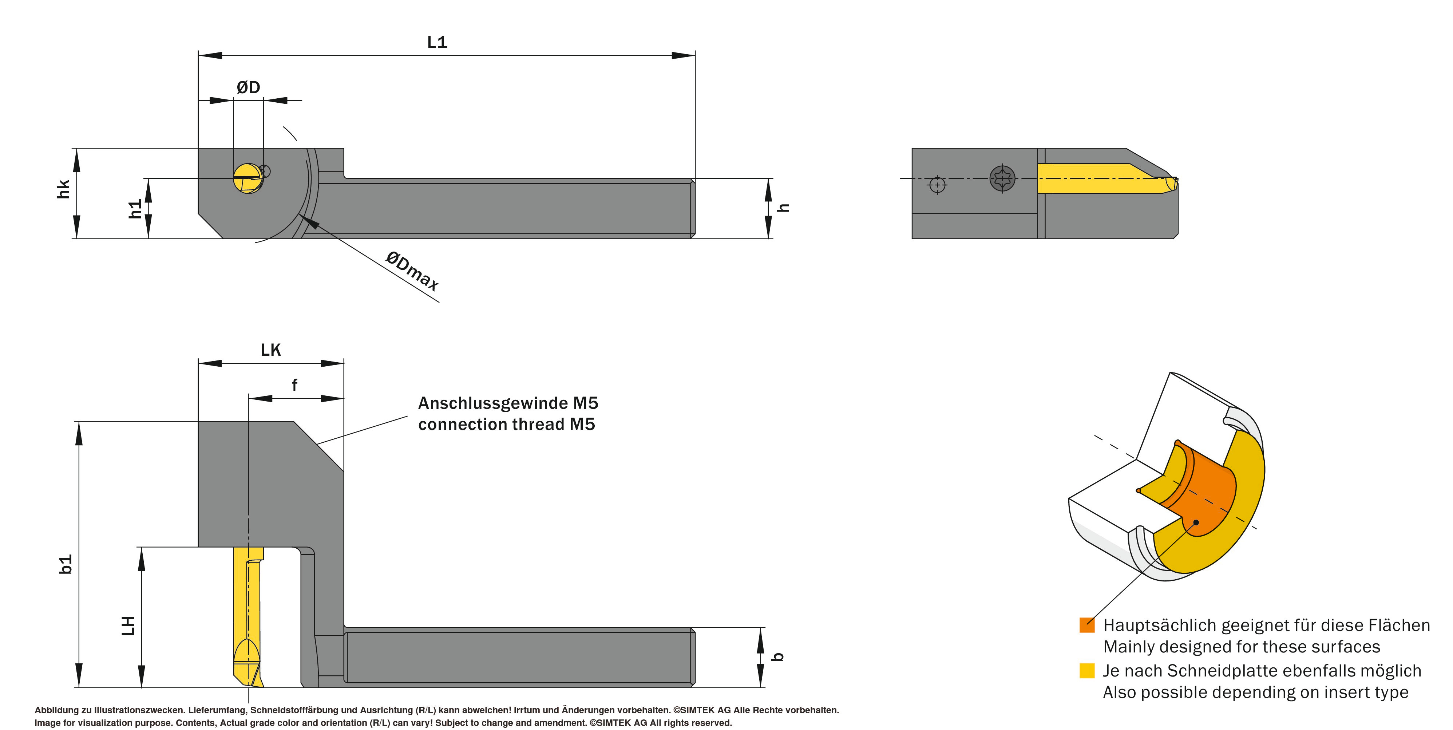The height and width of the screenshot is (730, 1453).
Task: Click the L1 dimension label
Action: tap(437, 42)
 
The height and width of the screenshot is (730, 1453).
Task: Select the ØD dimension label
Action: tap(248, 87)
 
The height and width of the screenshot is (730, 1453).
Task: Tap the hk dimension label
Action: tap(63, 189)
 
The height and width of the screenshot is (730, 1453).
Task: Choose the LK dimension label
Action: tap(271, 350)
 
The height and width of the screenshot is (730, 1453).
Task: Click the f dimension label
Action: tap(294, 385)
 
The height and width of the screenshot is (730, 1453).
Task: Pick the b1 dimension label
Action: tap(66, 564)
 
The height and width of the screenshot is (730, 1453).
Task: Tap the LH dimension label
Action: tap(128, 626)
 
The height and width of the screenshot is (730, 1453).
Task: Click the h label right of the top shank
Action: tap(784, 208)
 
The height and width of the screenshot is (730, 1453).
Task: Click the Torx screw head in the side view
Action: tap(1002, 178)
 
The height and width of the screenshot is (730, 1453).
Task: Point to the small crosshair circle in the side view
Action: tap(938, 185)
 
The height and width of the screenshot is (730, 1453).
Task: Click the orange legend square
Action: tap(1087, 625)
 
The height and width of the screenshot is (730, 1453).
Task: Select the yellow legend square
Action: tap(1087, 671)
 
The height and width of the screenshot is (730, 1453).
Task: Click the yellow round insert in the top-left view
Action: tap(248, 178)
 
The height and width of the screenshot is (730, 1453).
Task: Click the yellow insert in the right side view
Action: tap(1105, 178)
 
